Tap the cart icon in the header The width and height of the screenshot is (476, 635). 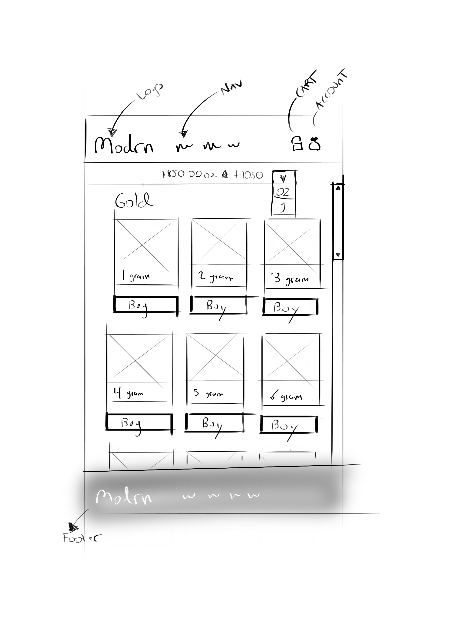(x=297, y=143)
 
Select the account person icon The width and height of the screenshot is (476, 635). (x=315, y=143)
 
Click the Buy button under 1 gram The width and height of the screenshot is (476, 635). (x=145, y=304)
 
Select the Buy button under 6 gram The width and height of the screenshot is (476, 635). (x=289, y=424)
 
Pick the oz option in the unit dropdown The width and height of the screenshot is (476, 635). (x=283, y=192)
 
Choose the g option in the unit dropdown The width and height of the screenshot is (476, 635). (x=283, y=207)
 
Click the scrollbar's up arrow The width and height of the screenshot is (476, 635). (x=338, y=188)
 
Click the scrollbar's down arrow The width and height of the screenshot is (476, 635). (x=338, y=254)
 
